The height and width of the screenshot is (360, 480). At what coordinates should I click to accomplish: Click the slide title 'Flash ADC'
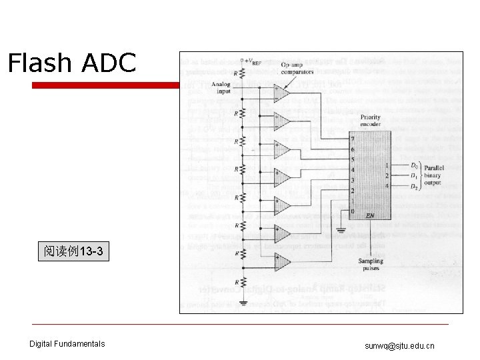click(72, 63)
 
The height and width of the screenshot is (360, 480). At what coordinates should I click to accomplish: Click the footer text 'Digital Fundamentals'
click(67, 344)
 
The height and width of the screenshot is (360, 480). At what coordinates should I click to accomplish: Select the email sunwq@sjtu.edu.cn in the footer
click(399, 345)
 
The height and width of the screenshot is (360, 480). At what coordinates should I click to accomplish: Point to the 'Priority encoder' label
click(370, 121)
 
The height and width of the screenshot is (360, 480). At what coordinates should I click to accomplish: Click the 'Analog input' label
click(221, 87)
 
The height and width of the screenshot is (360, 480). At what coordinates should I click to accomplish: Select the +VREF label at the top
click(252, 61)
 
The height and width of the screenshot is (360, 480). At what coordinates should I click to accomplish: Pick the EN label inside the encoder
click(371, 215)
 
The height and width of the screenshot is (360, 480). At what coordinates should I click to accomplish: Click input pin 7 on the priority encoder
click(353, 139)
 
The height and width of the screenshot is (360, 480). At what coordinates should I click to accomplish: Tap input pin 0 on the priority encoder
click(353, 211)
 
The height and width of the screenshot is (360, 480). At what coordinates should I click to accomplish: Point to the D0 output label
click(415, 165)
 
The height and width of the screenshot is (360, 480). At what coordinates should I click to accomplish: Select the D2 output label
click(415, 186)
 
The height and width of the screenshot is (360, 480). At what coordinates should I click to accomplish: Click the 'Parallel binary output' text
click(433, 175)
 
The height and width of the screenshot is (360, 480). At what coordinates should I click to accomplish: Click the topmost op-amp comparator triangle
click(281, 93)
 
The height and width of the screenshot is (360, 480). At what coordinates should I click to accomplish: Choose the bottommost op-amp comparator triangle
click(281, 262)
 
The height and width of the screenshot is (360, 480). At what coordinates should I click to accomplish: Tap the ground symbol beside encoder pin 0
click(340, 231)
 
